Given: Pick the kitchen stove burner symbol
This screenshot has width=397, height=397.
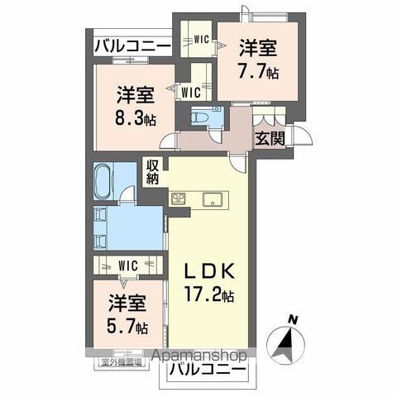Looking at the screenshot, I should tap(179, 197).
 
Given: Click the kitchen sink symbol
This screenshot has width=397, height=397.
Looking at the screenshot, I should tap(210, 198).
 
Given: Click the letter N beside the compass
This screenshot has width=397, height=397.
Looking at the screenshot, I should tap(292, 318).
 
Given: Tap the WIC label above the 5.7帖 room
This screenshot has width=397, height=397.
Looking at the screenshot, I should tap(127, 265).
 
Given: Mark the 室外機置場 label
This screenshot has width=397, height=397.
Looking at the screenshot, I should tap(116, 362).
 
